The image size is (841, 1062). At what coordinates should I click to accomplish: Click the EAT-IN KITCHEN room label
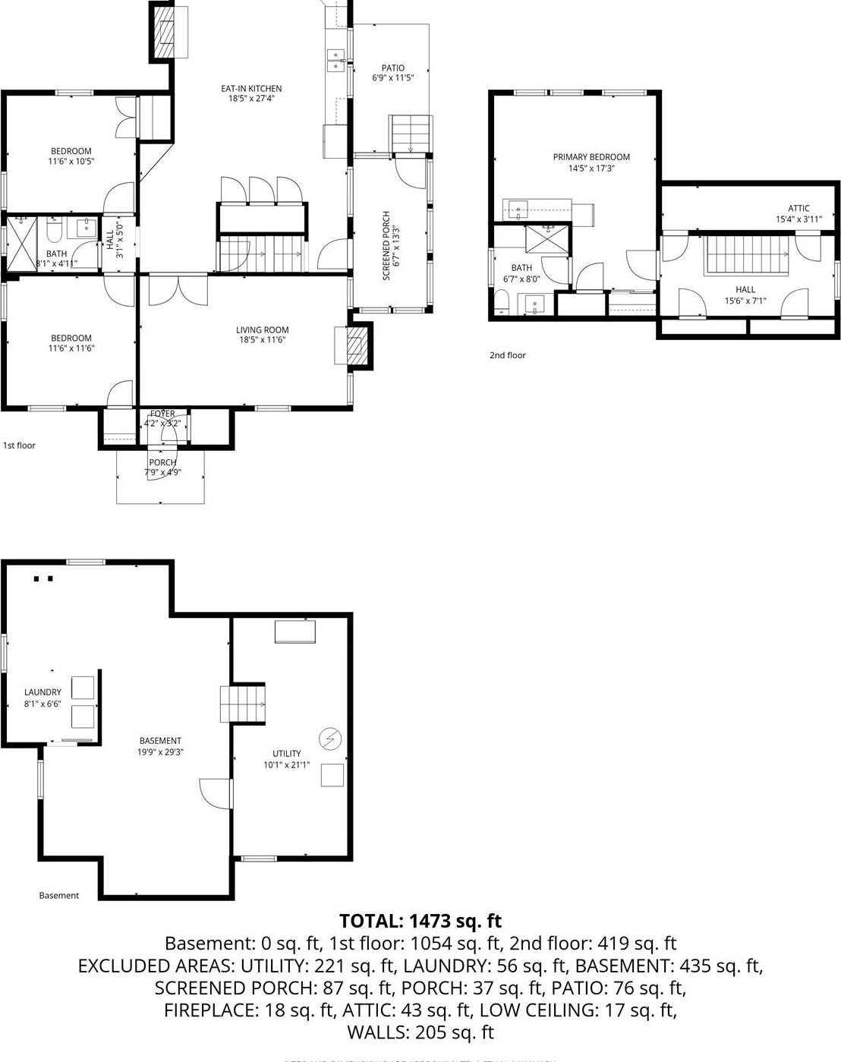point(251,89)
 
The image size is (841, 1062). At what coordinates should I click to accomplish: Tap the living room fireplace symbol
point(354,346)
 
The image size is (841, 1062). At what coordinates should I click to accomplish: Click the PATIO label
point(392,68)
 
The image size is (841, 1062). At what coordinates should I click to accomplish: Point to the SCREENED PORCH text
point(386,245)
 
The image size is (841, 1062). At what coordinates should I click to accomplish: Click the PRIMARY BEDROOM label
point(591,157)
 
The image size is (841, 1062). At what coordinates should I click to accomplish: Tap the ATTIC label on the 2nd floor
point(798,208)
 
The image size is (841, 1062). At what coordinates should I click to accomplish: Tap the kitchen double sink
point(335,61)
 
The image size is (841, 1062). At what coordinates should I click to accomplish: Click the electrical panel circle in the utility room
point(330,737)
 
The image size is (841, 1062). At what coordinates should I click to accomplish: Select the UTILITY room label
point(287,754)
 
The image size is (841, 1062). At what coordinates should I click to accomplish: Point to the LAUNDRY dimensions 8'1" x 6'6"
point(43,704)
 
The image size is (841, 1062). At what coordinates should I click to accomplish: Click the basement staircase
point(243,704)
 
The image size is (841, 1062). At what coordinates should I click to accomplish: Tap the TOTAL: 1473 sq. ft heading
point(420,921)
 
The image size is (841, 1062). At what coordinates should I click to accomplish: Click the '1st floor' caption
point(19,446)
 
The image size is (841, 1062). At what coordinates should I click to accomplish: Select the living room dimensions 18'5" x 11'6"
point(263,340)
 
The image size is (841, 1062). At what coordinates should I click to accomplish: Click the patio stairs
point(411,134)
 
